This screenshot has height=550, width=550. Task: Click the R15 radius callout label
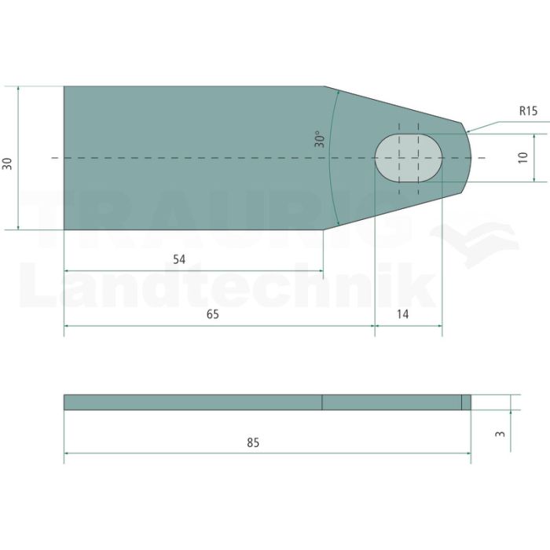tap(528, 111)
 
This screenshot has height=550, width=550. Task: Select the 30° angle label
tap(320, 139)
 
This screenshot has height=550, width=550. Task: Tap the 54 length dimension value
tap(179, 259)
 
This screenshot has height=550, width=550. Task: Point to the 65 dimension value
tap(213, 314)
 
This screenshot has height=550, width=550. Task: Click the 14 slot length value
tap(402, 314)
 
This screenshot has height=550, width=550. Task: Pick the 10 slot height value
tap(522, 157)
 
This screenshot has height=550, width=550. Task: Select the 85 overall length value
tap(253, 442)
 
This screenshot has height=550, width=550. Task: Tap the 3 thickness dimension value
tap(500, 434)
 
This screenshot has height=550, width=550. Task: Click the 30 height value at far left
tap(7, 163)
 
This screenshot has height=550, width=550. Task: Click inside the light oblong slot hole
tap(409, 158)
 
